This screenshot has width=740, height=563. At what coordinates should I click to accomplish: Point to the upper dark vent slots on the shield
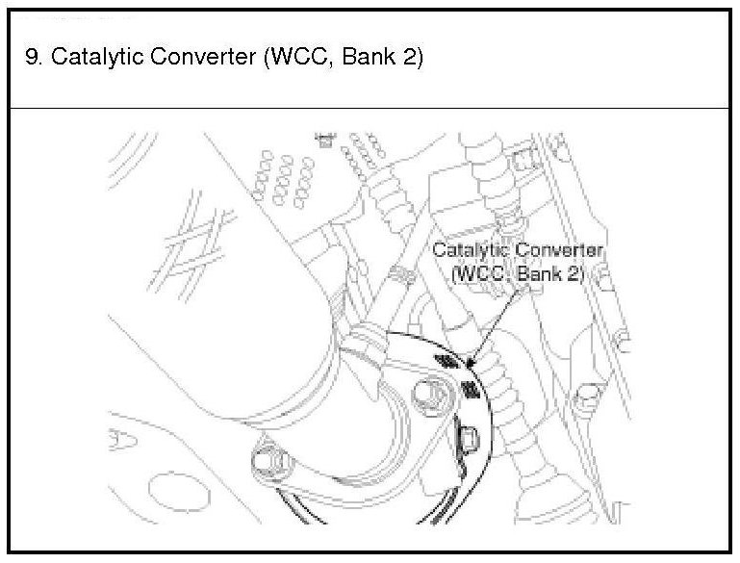click(445, 360)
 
